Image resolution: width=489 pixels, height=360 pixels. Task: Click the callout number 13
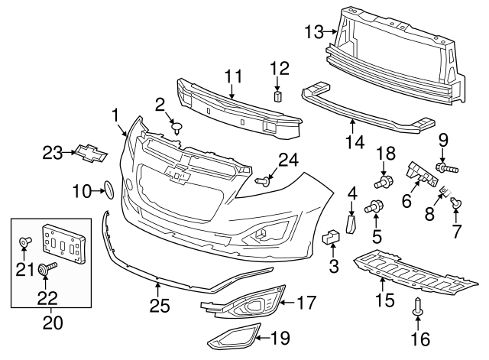point(314,31)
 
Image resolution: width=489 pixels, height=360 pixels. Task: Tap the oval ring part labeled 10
point(108,190)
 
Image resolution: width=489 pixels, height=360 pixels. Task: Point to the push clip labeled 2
point(177,127)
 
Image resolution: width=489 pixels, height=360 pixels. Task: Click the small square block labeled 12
point(278,97)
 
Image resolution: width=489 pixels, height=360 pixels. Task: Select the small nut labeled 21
point(24,243)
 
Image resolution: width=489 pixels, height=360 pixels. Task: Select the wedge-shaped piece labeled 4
point(351,225)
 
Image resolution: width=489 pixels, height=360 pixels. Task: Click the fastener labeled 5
point(374,206)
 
